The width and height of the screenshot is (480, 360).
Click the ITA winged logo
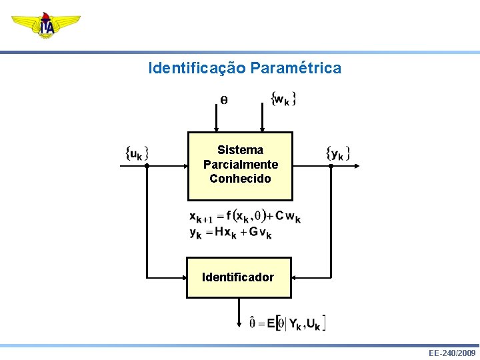point(45,25)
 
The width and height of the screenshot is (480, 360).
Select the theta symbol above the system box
point(223,100)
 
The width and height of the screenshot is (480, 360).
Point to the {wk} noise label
point(283,99)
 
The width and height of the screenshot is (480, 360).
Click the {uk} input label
point(137,153)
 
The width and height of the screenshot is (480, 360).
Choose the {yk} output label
point(338,153)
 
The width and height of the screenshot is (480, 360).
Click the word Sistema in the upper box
point(240,150)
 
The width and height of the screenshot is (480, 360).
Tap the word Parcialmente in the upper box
point(240,164)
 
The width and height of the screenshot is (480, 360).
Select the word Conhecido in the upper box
point(240,179)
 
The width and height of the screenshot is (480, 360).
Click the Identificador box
point(239,277)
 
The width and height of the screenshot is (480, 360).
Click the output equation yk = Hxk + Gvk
point(230,232)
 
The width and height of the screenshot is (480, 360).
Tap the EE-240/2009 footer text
point(452,353)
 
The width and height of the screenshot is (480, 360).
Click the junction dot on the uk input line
point(147,166)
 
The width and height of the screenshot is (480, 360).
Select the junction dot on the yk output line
point(331,166)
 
